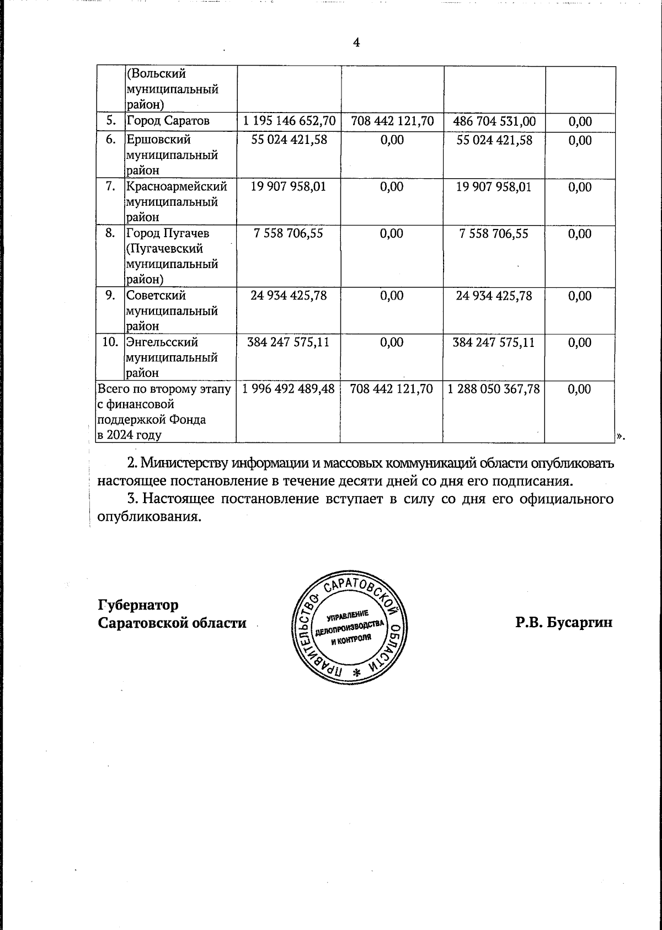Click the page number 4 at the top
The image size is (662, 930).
click(356, 42)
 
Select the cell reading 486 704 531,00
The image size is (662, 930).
click(494, 121)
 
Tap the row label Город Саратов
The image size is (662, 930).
click(168, 121)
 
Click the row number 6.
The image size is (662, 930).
click(111, 140)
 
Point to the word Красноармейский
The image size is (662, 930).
click(177, 186)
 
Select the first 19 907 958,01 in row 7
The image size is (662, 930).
click(289, 186)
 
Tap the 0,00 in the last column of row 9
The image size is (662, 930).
click(580, 296)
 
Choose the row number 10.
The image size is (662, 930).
click(111, 342)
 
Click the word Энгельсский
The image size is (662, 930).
click(162, 343)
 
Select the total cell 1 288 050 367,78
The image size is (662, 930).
click(494, 389)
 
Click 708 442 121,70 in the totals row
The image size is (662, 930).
click(392, 389)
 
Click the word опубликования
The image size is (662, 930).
click(147, 517)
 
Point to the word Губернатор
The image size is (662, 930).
click(138, 605)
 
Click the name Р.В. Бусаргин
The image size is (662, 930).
click(564, 623)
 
